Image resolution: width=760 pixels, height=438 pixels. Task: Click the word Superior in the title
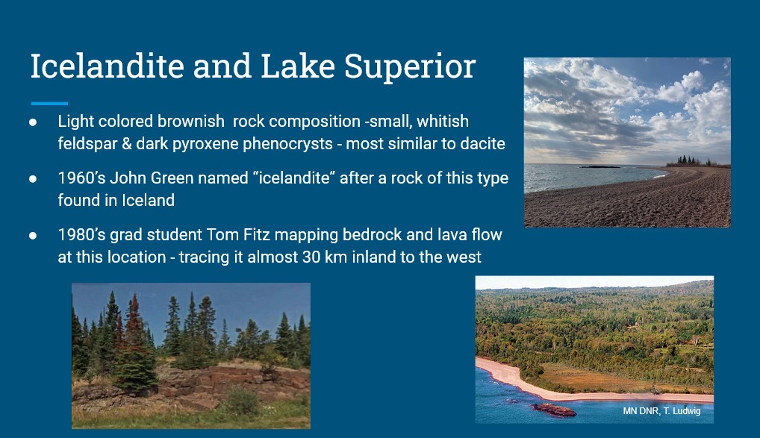coord(410,67)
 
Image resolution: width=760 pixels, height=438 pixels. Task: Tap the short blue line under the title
coord(49,103)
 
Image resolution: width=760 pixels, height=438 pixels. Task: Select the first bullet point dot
coord(33,122)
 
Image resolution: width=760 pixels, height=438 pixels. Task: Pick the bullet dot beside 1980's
coord(33,236)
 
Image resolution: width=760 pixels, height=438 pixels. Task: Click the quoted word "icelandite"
coord(293,178)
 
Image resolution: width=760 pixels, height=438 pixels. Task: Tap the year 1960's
coord(81,178)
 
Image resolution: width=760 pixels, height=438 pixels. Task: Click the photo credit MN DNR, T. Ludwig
coord(661,411)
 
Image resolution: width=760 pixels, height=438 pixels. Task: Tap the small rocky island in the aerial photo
coord(554,410)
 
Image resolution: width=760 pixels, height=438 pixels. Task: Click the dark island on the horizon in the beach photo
coord(599,166)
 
